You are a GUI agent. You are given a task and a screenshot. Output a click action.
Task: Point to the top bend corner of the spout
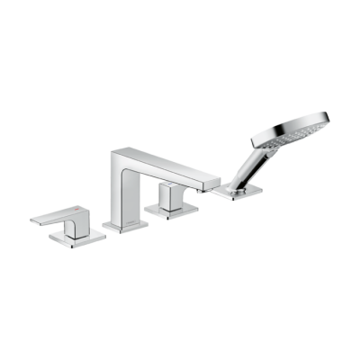pyautogui.click(x=117, y=153)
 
